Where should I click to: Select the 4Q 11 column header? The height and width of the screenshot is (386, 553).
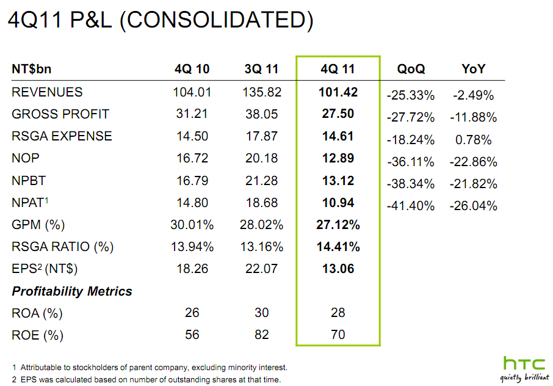pos(338,69)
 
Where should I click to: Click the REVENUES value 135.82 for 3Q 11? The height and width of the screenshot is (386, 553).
pos(261,92)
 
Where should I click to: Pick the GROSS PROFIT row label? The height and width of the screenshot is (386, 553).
pos(60,114)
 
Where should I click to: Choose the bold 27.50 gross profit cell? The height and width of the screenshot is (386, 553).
pos(338,114)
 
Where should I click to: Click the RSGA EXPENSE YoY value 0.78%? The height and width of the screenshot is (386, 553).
pos(473,140)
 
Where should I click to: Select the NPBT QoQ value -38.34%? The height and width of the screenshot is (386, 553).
pos(411,184)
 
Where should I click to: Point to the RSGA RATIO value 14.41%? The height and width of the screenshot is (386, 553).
pos(338,247)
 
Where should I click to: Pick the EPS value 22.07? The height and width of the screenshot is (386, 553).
pos(261,269)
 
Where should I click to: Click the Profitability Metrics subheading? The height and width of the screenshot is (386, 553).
pos(72,291)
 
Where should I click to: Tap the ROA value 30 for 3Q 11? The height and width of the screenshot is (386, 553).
pos(261,313)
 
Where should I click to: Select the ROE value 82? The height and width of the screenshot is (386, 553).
pos(261,335)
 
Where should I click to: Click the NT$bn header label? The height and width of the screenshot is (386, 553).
pos(35,69)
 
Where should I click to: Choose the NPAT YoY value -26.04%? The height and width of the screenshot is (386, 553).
pos(473,206)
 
